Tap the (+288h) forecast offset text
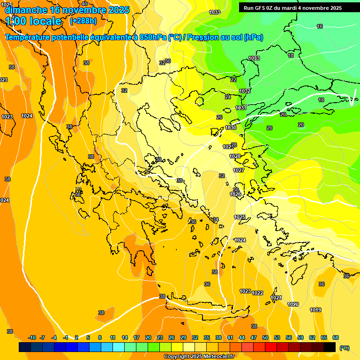tap(83, 21)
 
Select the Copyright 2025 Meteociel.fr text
tap(199, 357)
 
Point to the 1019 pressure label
tap(315, 310)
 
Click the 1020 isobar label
tap(293, 304)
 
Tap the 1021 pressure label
tap(276, 298)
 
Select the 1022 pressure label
tap(257, 293)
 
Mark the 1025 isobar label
tap(240, 217)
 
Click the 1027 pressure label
tap(239, 170)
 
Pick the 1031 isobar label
tap(241, 108)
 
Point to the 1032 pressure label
tap(245, 91)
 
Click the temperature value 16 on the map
tap(320, 27)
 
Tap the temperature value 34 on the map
tap(216, 219)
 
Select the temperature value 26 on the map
tap(219, 117)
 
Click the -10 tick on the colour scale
tap(32, 337)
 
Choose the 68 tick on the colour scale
tap(336, 337)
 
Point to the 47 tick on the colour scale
tap(254, 337)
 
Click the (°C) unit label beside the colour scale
tap(344, 348)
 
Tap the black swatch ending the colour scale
tap(330, 347)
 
